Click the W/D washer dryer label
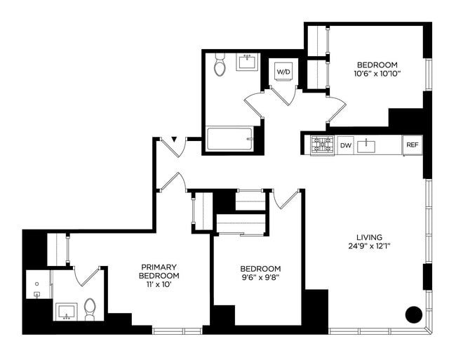[283, 72]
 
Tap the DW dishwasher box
[345, 145]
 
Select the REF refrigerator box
[412, 145]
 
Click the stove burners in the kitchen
[322, 145]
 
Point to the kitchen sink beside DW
[367, 145]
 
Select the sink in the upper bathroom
[247, 62]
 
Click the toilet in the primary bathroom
[90, 309]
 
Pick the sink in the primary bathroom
[68, 310]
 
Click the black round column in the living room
[414, 314]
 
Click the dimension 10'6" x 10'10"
[376, 73]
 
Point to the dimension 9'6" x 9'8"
[260, 278]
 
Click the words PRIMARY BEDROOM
[159, 271]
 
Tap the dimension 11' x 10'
[159, 284]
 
